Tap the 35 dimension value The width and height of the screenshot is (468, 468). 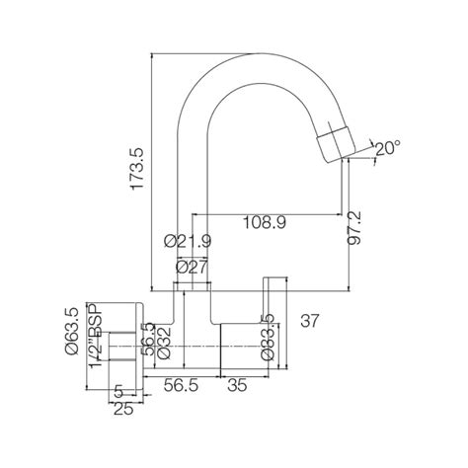[237, 386]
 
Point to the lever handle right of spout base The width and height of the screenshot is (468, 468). [267, 296]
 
